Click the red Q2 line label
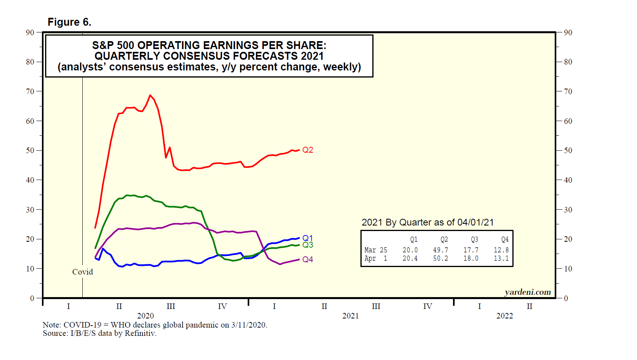pyautogui.click(x=307, y=150)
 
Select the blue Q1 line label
pyautogui.click(x=307, y=238)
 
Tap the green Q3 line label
pyautogui.click(x=307, y=245)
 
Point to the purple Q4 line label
pyautogui.click(x=307, y=260)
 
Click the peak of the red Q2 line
pyautogui.click(x=150, y=95)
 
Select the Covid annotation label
pyautogui.click(x=82, y=272)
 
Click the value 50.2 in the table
pyautogui.click(x=440, y=258)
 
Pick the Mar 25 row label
pyautogui.click(x=375, y=250)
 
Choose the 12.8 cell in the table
pyautogui.click(x=501, y=250)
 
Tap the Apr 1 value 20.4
pyautogui.click(x=410, y=258)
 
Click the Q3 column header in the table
pyautogui.click(x=474, y=239)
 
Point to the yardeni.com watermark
pyautogui.click(x=527, y=292)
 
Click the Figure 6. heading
pyautogui.click(x=69, y=22)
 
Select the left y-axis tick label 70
pyautogui.click(x=30, y=91)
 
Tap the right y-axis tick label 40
pyautogui.click(x=568, y=180)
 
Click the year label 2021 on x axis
pyautogui.click(x=350, y=316)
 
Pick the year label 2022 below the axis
pyautogui.click(x=504, y=316)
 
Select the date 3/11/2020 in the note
pyautogui.click(x=249, y=325)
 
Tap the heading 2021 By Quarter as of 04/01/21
pyautogui.click(x=427, y=222)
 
